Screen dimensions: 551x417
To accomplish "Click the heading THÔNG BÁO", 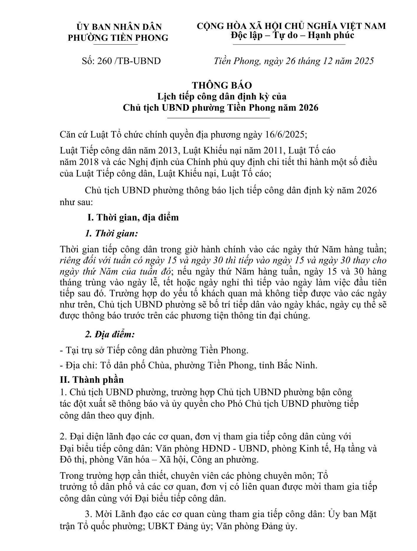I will tap(222, 85).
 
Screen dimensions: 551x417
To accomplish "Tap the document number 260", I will tap(106, 61).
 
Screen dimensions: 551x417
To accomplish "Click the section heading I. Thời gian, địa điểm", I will tap(133, 218).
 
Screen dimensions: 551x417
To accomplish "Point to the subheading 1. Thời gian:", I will tap(111, 233).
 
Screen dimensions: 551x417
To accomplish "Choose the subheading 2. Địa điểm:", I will tap(110, 334).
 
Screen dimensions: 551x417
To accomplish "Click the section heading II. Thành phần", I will tap(92, 380).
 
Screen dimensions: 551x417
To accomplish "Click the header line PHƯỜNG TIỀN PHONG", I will tap(118, 38).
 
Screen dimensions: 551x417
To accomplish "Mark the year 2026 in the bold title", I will tap(308, 108).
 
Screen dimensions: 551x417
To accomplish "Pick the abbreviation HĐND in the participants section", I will tap(216, 449).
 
